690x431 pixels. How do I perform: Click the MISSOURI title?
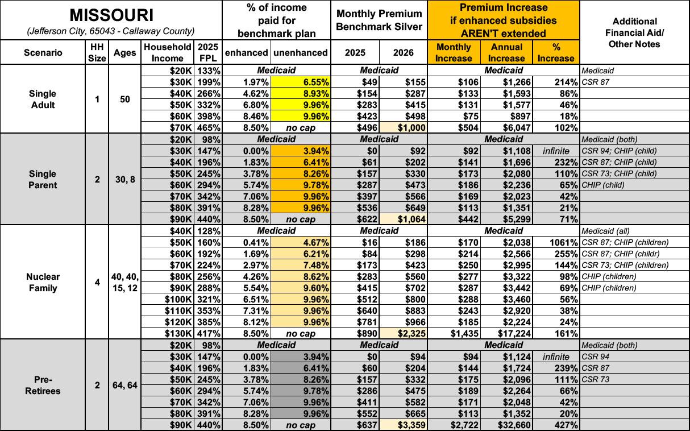[x=111, y=15]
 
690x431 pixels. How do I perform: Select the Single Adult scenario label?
[x=43, y=99]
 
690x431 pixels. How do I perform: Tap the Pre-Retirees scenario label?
[x=43, y=385]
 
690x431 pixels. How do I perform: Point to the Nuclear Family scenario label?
[x=43, y=282]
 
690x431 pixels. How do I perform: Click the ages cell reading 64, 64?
[x=124, y=385]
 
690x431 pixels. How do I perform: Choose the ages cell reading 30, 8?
[x=124, y=179]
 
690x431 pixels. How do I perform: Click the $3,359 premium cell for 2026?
[x=406, y=425]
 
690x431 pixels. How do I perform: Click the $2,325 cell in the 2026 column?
[x=406, y=334]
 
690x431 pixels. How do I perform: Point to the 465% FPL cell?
[x=209, y=128]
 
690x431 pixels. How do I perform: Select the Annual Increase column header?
[x=506, y=52]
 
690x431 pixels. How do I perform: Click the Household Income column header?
[x=168, y=52]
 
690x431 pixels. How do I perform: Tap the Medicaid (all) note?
[x=604, y=231]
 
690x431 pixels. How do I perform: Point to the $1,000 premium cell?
[x=406, y=128]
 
